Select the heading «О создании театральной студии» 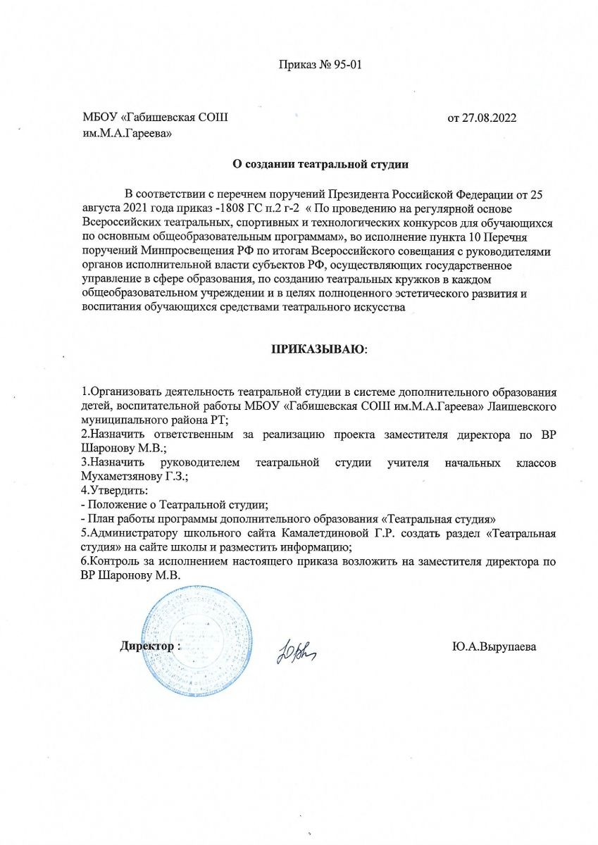point(321,165)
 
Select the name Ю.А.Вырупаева point(494,646)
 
